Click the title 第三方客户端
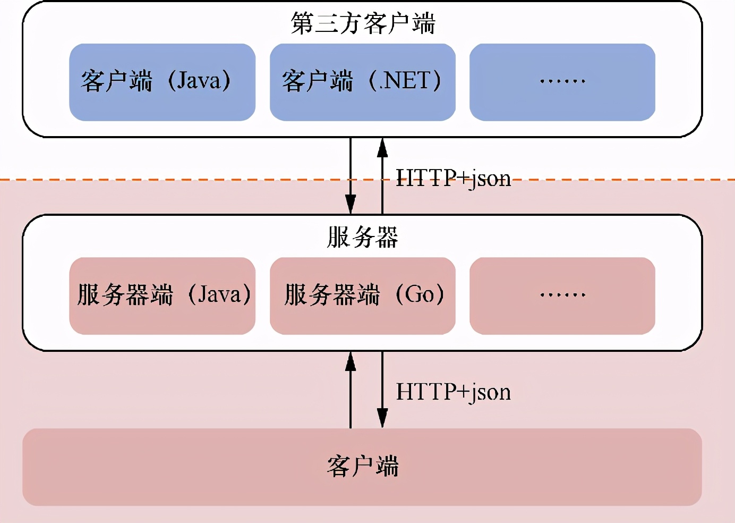[363, 23]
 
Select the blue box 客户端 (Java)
[162, 82]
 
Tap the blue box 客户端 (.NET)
[362, 82]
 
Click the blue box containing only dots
[562, 82]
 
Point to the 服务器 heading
[362, 237]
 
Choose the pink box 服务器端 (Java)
[162, 296]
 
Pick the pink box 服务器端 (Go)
[362, 296]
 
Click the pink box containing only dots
[562, 296]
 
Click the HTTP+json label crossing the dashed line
[453, 178]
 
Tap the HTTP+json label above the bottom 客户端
[453, 392]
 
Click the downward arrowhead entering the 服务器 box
[351, 205]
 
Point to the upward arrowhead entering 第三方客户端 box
[382, 147]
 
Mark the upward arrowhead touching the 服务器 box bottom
[351, 361]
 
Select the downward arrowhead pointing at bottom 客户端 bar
[382, 418]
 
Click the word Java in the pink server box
[219, 294]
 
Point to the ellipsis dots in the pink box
[562, 294]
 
